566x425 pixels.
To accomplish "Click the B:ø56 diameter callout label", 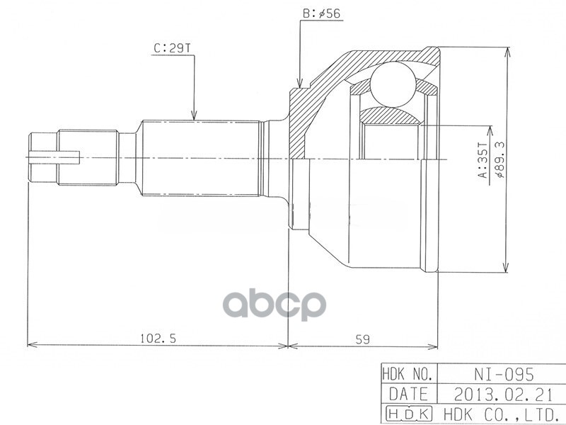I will [322, 13].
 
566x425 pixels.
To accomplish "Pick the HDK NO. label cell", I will [409, 374].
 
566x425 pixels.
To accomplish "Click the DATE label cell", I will [409, 394].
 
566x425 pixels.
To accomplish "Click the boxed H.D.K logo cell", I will [409, 414].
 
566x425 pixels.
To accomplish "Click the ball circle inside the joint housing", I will [392, 83].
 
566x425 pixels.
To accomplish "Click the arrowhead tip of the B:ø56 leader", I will [301, 88].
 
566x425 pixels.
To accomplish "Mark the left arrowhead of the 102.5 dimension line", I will [28, 346].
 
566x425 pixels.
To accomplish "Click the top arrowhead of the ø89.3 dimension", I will [506, 50].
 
